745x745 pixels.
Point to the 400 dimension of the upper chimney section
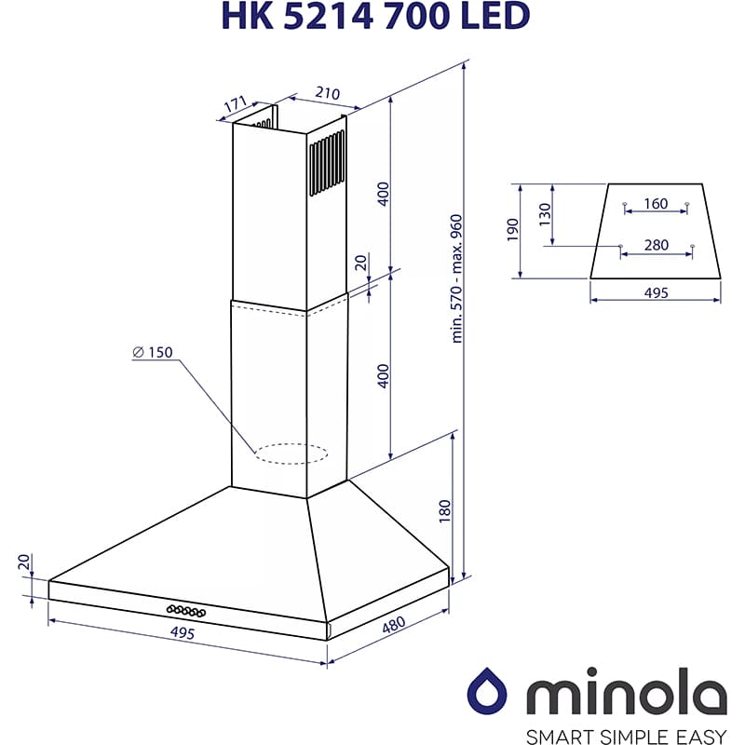click(x=382, y=193)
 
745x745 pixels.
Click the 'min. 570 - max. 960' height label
click(x=456, y=278)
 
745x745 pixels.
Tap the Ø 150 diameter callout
click(x=153, y=352)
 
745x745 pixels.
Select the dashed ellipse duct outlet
click(x=291, y=454)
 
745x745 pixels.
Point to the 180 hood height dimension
click(x=444, y=510)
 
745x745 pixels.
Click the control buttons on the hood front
click(x=186, y=610)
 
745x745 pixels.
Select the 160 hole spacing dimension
click(x=656, y=203)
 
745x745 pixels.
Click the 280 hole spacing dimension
click(x=656, y=245)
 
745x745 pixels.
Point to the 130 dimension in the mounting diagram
click(x=546, y=214)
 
